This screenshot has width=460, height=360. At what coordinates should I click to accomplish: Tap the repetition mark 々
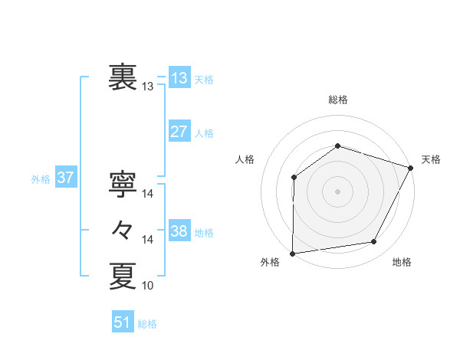123,230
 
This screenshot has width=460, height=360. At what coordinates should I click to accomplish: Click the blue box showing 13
179,78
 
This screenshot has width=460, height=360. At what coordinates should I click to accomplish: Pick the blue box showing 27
179,132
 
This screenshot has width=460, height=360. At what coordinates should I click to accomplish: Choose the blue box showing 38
179,231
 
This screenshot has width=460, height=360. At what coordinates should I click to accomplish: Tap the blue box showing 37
65,178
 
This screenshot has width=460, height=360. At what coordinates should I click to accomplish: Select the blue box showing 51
122,322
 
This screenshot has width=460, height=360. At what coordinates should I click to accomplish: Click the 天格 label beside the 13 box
204,80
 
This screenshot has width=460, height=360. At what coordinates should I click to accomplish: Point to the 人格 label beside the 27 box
204,133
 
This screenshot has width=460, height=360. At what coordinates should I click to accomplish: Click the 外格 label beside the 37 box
41,179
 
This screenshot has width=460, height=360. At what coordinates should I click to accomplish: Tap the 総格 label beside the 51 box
147,324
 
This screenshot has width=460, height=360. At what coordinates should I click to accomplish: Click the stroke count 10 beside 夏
148,286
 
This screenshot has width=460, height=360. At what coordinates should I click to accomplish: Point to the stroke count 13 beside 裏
148,87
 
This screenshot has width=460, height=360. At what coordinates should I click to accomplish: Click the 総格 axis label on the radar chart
337,100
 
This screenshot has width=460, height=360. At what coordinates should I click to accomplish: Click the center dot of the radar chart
337,191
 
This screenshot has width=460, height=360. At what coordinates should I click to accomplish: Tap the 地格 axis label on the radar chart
402,263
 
